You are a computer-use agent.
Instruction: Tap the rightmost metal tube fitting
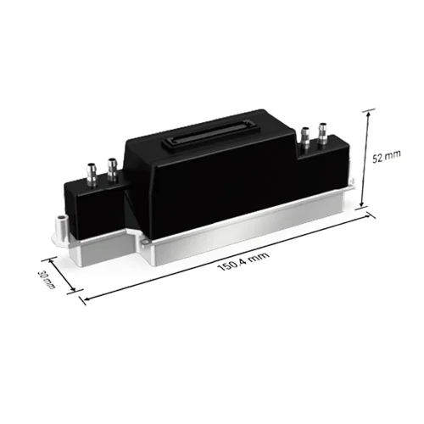322,133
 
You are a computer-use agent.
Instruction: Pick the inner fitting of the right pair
305,136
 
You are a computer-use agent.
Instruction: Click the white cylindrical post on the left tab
60,226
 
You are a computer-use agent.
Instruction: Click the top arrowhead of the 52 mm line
370,111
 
